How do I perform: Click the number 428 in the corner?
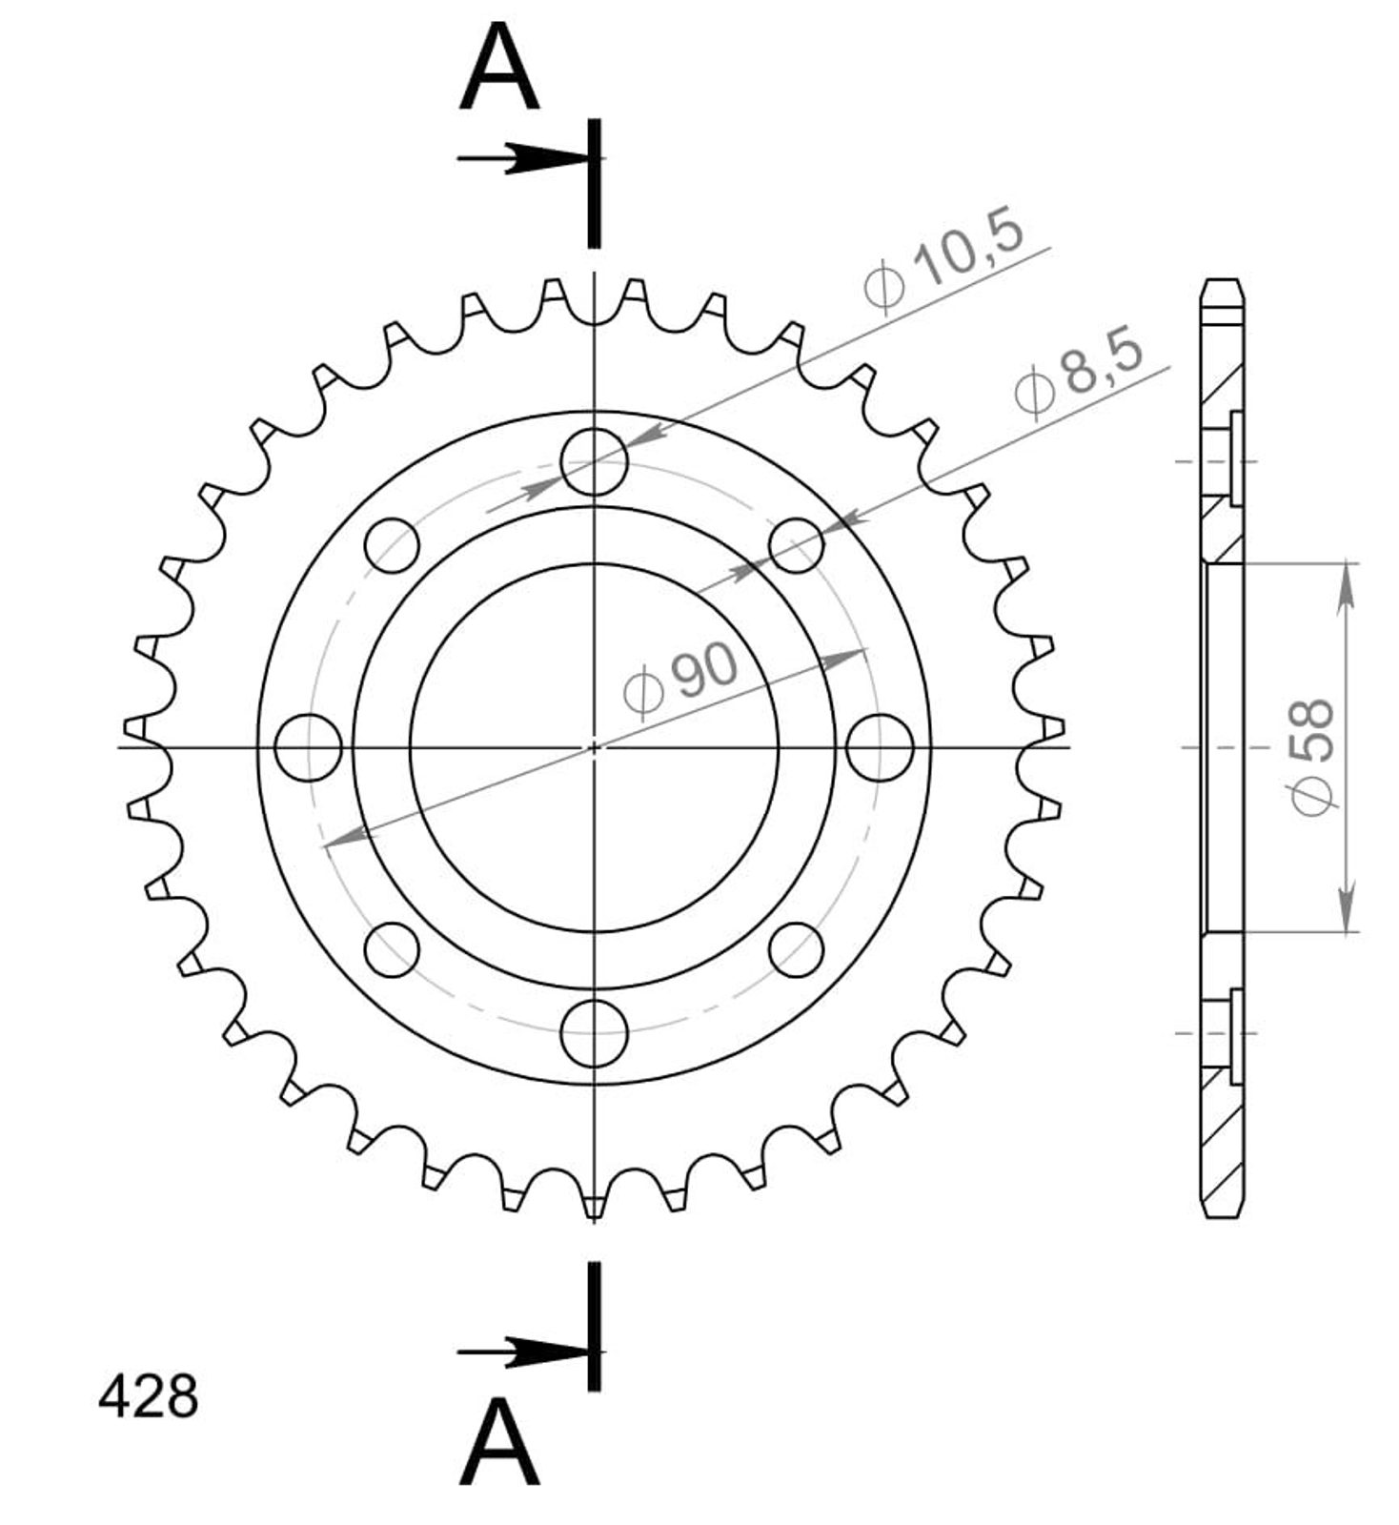[x=149, y=1396]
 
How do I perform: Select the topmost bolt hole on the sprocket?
[x=594, y=461]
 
